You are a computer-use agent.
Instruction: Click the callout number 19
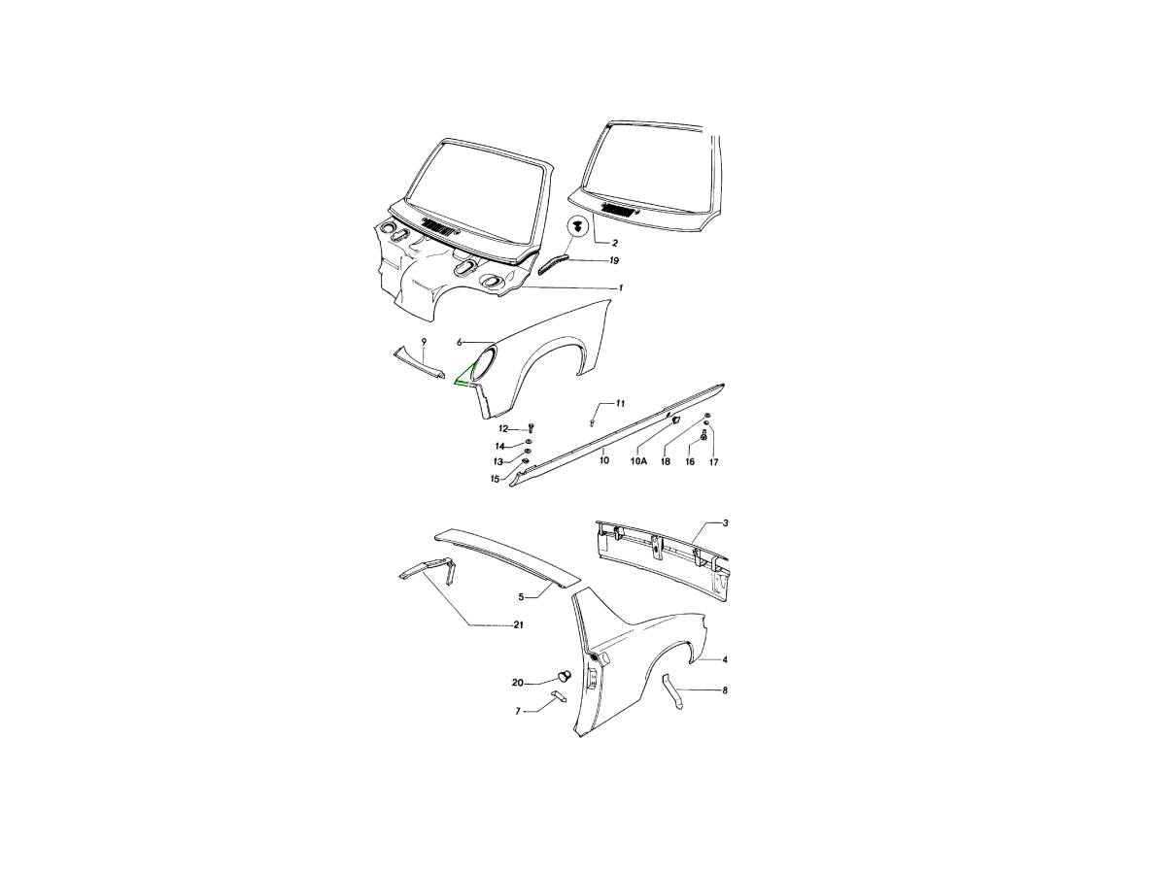(614, 261)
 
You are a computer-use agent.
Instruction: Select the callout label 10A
(638, 461)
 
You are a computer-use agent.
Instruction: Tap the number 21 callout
(519, 625)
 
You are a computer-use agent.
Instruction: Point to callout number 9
(424, 342)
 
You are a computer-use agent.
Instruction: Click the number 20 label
(517, 683)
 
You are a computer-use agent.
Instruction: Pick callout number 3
(726, 523)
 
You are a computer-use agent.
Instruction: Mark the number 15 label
(496, 479)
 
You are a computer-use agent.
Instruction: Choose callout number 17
(713, 462)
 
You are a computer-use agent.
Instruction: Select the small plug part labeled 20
(563, 676)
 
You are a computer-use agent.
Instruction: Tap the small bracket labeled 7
(559, 695)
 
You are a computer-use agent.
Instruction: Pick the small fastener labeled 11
(592, 422)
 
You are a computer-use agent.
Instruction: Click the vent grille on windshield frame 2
(618, 210)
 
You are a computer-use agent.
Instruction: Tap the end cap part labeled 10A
(676, 420)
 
